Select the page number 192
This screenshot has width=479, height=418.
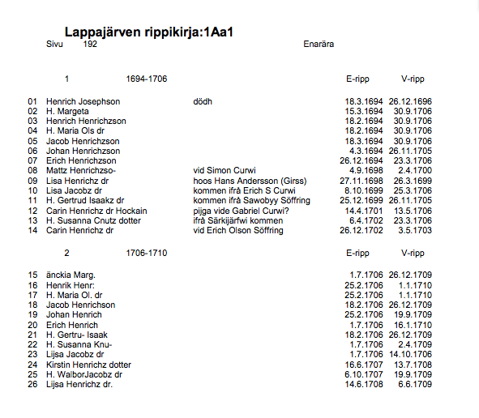click(90, 44)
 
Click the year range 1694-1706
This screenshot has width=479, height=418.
click(147, 79)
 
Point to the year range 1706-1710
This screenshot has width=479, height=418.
click(147, 253)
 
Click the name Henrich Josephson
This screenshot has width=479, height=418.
click(83, 101)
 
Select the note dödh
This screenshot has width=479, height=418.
click(203, 101)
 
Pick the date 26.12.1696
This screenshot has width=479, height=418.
click(410, 101)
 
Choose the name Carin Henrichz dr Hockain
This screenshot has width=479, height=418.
click(96, 211)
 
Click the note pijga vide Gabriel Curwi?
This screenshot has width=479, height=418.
click(241, 211)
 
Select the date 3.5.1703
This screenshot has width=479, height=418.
click(415, 230)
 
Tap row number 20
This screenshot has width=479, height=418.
click(32, 325)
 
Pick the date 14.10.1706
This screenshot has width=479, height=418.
click(410, 354)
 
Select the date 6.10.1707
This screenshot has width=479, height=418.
click(362, 374)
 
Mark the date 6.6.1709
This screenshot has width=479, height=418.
click(415, 384)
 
